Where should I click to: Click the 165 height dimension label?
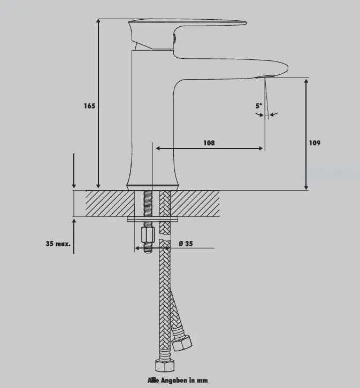click(x=89, y=106)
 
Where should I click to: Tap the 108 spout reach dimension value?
click(x=209, y=143)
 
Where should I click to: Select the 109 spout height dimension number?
click(x=315, y=143)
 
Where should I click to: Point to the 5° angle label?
click(x=259, y=106)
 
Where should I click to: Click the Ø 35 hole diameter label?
click(x=186, y=244)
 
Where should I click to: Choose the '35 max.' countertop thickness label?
click(x=58, y=244)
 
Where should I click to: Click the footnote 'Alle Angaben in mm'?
click(x=178, y=381)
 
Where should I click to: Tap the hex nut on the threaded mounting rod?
click(x=148, y=235)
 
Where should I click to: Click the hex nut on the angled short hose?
click(x=182, y=343)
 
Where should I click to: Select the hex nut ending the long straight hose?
click(x=165, y=366)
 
